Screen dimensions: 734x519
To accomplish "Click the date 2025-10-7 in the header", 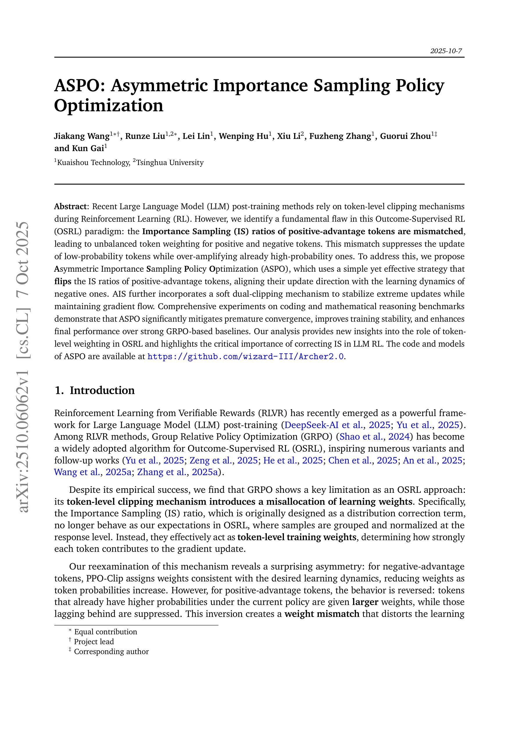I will [x=446, y=51].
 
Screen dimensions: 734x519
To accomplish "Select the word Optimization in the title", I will [x=109, y=105].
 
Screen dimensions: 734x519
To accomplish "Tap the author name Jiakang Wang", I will [x=82, y=136].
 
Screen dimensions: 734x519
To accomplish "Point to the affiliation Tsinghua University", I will [x=169, y=163].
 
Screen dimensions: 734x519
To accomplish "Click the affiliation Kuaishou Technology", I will [x=93, y=163].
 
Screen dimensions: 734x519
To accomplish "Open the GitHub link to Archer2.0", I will [x=246, y=357].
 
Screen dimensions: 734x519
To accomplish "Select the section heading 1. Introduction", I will [x=95, y=390].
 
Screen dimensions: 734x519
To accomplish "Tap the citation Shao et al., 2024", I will [x=374, y=437].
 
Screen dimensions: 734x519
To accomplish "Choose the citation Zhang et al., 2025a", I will [x=178, y=472].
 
